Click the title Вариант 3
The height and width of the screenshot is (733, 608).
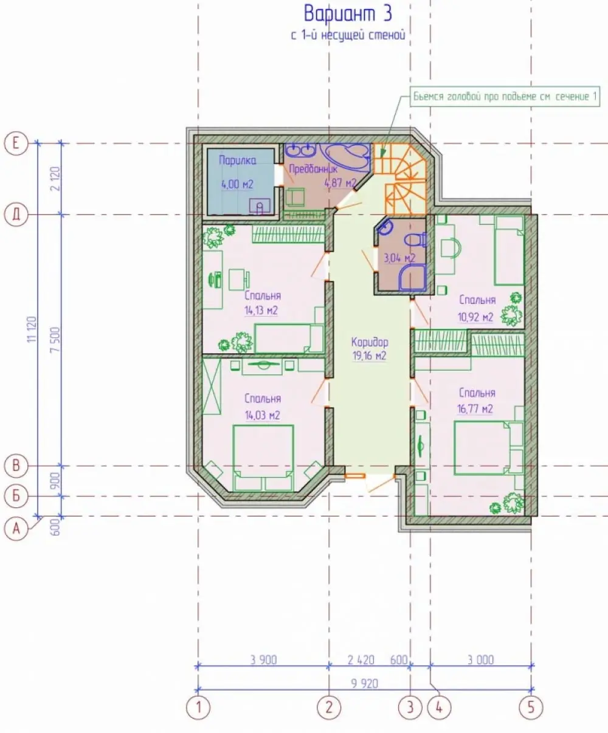tap(348, 14)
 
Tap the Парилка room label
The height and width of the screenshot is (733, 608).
tap(238, 160)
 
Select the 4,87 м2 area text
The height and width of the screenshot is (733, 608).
tap(340, 183)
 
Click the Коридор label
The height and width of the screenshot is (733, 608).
tap(370, 342)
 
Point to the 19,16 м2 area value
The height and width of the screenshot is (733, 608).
tap(369, 356)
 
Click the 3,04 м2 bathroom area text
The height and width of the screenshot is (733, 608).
tap(399, 258)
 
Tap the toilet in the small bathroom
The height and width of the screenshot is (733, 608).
tap(415, 241)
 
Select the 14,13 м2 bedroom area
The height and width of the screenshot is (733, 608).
tap(261, 311)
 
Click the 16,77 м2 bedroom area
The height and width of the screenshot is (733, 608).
tap(475, 408)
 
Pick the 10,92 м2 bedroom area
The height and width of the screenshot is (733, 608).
tap(475, 317)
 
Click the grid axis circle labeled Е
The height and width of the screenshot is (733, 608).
tap(16, 143)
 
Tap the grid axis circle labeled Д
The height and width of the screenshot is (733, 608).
tap(16, 215)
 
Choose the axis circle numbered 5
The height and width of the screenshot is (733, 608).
tap(531, 707)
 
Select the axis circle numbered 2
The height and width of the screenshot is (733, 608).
tap(329, 707)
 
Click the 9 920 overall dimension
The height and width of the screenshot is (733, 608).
tap(365, 684)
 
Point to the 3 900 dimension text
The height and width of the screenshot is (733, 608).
tap(263, 660)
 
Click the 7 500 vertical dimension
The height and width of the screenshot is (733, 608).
tap(55, 340)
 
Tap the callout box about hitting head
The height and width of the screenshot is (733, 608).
tap(505, 96)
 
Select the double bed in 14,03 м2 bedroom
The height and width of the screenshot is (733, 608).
tap(263, 458)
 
